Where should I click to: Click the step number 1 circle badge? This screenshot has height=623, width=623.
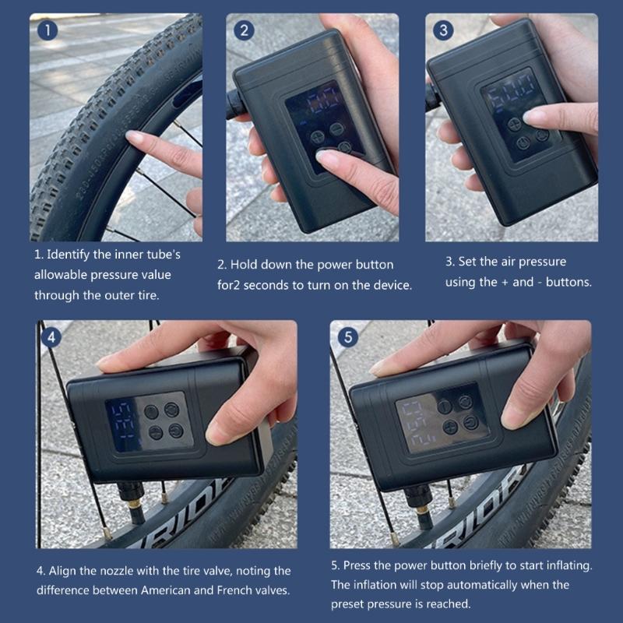pos(48,31)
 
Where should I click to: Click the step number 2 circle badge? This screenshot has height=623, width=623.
pos(245,31)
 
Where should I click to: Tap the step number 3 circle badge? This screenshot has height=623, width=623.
pos(444,31)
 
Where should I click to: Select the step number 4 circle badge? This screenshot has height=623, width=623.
pos(51,338)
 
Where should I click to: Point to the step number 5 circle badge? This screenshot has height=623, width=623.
pos(347,338)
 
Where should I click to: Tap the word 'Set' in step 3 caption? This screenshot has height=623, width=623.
pos(470,262)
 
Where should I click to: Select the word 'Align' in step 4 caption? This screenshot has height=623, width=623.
pos(64,571)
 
